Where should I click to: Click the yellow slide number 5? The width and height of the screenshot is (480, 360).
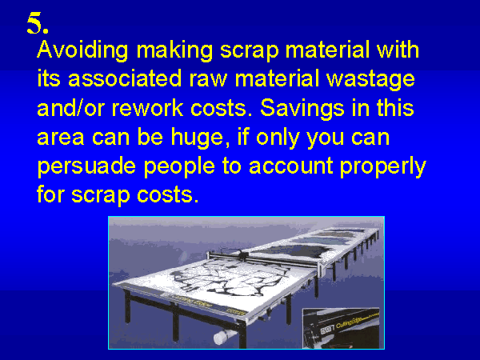(x=38, y=23)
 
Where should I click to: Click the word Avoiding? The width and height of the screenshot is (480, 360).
(x=82, y=50)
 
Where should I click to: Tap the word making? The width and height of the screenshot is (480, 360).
(x=174, y=50)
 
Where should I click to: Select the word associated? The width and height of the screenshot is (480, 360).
(x=125, y=78)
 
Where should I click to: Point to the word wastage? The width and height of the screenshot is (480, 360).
(x=370, y=79)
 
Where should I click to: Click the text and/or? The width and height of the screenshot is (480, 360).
(x=70, y=108)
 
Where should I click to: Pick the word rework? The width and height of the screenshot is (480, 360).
(x=147, y=108)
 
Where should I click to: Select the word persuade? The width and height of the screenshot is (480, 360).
(x=86, y=167)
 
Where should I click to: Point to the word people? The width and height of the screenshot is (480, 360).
(x=179, y=167)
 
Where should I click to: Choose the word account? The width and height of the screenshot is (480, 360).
(x=291, y=166)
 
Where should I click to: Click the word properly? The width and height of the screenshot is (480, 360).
(x=383, y=167)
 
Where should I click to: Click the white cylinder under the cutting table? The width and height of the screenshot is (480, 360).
(x=223, y=336)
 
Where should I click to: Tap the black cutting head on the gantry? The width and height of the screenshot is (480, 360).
(x=242, y=254)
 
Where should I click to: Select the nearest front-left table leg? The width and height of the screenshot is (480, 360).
(x=127, y=306)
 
